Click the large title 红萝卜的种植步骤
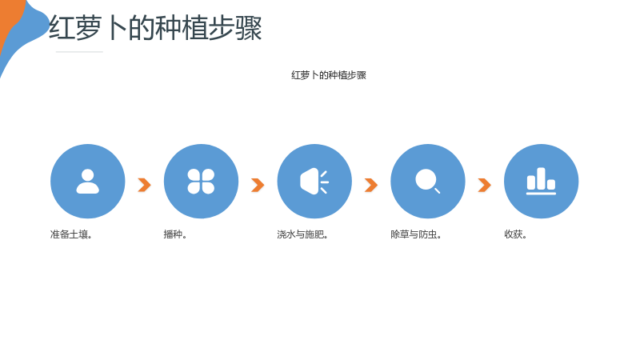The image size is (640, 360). point(155,28)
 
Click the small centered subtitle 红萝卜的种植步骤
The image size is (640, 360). point(329,75)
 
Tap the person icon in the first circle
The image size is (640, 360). point(88,182)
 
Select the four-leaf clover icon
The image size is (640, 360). point(201,182)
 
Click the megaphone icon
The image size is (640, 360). point(314,182)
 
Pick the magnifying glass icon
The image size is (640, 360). point(427,181)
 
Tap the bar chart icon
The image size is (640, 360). point(541,182)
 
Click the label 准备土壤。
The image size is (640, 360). point(71,234)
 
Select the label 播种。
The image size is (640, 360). point(175,234)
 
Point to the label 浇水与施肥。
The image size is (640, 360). point(302,234)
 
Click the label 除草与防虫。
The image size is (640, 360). point(416,234)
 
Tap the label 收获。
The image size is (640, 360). point(515,234)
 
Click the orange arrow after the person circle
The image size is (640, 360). point(145,185)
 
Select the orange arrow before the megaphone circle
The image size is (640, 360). point(258,185)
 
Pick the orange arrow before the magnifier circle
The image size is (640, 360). point(371,185)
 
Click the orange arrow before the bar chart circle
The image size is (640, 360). point(485,185)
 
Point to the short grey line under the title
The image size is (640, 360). point(79,52)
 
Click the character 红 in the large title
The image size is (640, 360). point(62,28)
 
